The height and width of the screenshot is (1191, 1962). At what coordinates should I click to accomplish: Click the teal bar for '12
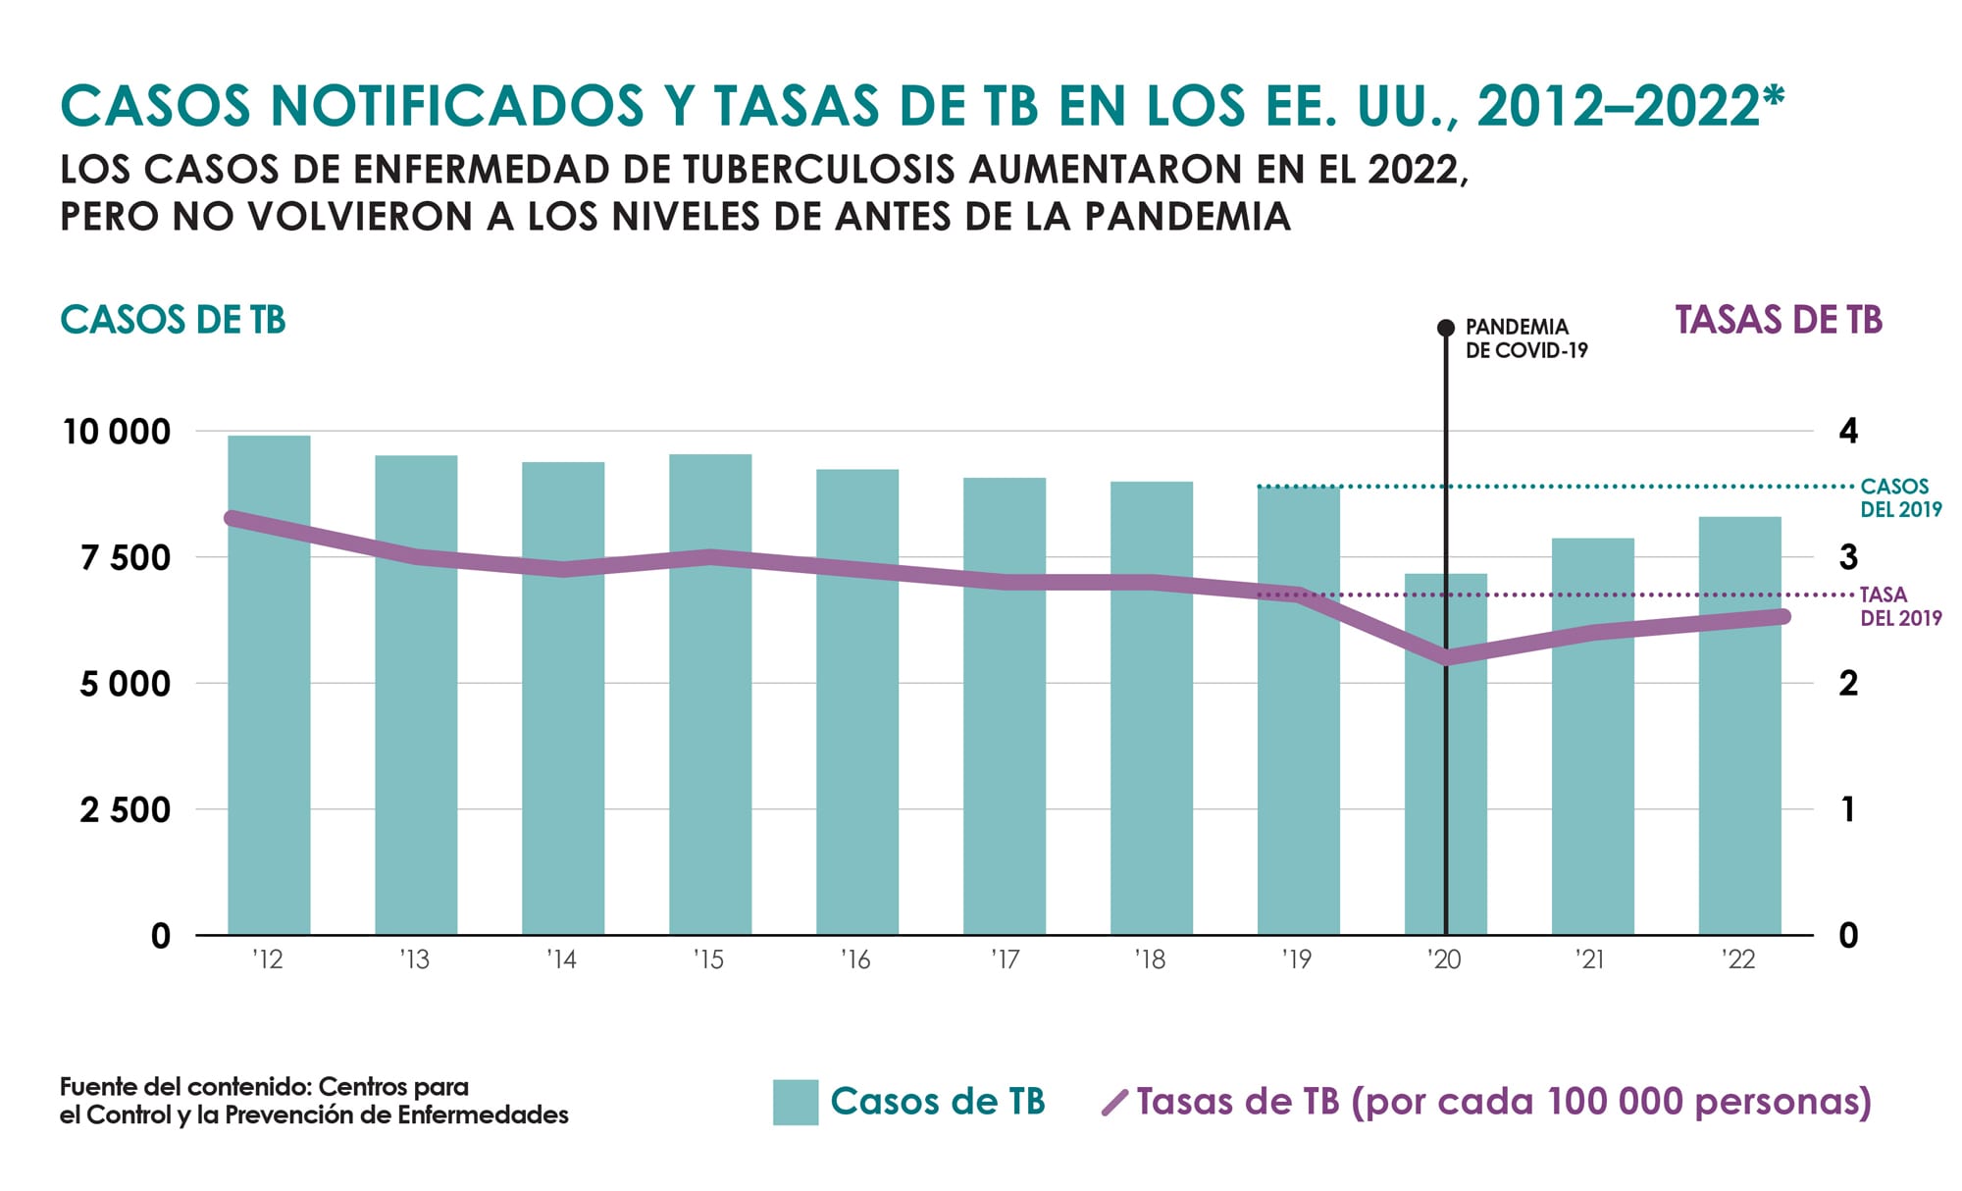[269, 687]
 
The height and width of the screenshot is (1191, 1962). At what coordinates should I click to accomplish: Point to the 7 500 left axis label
[126, 558]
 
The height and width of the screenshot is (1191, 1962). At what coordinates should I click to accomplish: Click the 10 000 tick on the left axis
[117, 432]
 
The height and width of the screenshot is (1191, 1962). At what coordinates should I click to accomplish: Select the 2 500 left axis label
[126, 810]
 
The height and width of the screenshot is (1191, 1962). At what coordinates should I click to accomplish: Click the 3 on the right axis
[1848, 557]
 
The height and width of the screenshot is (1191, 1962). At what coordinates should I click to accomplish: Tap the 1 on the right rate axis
[1848, 810]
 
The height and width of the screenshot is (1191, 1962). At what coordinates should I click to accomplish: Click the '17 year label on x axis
[1005, 959]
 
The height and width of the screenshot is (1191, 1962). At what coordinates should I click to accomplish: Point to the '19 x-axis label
[1297, 959]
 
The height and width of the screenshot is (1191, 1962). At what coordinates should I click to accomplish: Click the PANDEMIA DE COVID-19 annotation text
[1525, 338]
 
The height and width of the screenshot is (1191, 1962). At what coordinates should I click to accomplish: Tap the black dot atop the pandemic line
[1446, 328]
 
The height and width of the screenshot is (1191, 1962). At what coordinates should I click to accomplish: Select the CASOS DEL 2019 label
[1900, 497]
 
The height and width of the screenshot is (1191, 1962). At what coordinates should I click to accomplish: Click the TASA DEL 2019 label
[1900, 606]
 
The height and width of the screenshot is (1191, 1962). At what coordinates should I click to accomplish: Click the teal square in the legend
[795, 1102]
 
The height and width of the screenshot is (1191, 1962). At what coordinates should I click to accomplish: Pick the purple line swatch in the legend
[1115, 1103]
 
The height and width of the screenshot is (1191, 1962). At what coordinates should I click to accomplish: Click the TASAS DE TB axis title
[1778, 321]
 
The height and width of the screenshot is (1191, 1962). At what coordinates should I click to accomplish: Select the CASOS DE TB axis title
[173, 321]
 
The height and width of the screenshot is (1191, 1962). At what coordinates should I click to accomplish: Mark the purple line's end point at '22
[1781, 616]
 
